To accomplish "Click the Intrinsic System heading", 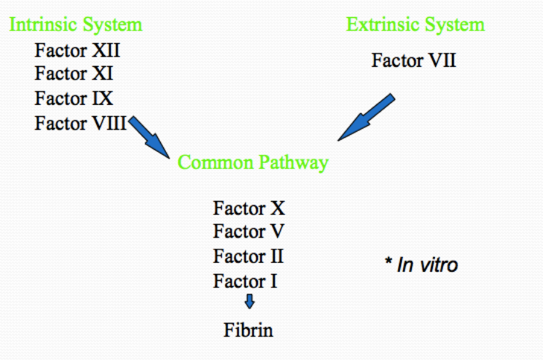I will (x=76, y=25).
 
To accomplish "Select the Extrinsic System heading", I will (x=415, y=25).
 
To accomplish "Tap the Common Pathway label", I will (x=253, y=163).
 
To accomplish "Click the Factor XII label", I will (x=77, y=50).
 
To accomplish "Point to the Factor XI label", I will (x=74, y=74).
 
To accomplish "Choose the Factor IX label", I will (x=74, y=98).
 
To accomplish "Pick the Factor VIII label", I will (x=80, y=123).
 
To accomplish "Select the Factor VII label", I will (x=413, y=61).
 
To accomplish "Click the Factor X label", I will (x=249, y=209).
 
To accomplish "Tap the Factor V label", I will (x=248, y=232).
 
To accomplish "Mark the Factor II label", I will (x=248, y=256).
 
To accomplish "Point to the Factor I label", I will (x=244, y=281).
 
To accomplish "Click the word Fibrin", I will (x=248, y=330).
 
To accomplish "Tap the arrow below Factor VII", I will (x=366, y=118).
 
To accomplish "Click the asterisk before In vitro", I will (x=389, y=262).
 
